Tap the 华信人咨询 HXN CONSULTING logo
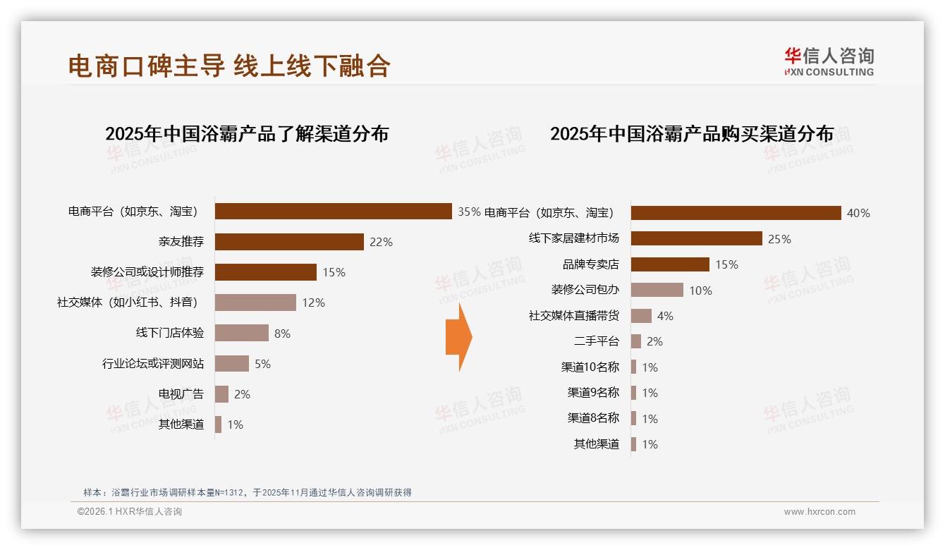829,62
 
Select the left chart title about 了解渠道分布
247,133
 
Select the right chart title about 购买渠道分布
692,133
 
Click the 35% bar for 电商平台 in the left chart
333,212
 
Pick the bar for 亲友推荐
289,242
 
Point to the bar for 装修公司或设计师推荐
266,272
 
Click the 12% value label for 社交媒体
313,303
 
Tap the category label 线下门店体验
170,334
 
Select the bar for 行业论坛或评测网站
232,364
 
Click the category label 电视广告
181,394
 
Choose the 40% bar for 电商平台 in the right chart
736,213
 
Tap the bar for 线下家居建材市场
696,239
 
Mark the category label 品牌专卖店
591,264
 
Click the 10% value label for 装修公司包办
700,291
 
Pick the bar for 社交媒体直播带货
641,316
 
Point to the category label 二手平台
597,342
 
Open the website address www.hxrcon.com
819,512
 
